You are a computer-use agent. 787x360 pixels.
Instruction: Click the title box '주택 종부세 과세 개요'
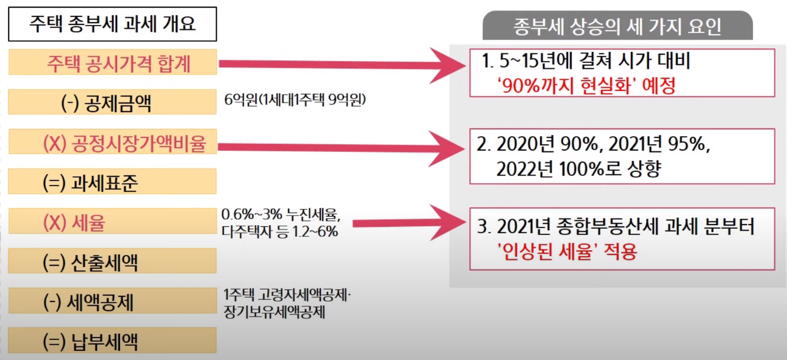tap(113, 24)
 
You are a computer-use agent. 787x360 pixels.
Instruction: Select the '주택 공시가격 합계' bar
tap(113, 62)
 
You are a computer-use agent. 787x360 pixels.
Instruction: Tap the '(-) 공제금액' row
tap(113, 103)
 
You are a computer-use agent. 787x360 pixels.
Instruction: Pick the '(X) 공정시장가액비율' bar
tap(113, 143)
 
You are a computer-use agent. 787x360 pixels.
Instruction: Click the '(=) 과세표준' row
tap(113, 182)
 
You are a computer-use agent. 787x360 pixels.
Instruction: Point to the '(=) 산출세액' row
tap(113, 262)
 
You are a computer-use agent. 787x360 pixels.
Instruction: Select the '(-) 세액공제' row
tap(113, 302)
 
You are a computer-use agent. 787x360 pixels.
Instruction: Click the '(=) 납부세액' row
tap(113, 340)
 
